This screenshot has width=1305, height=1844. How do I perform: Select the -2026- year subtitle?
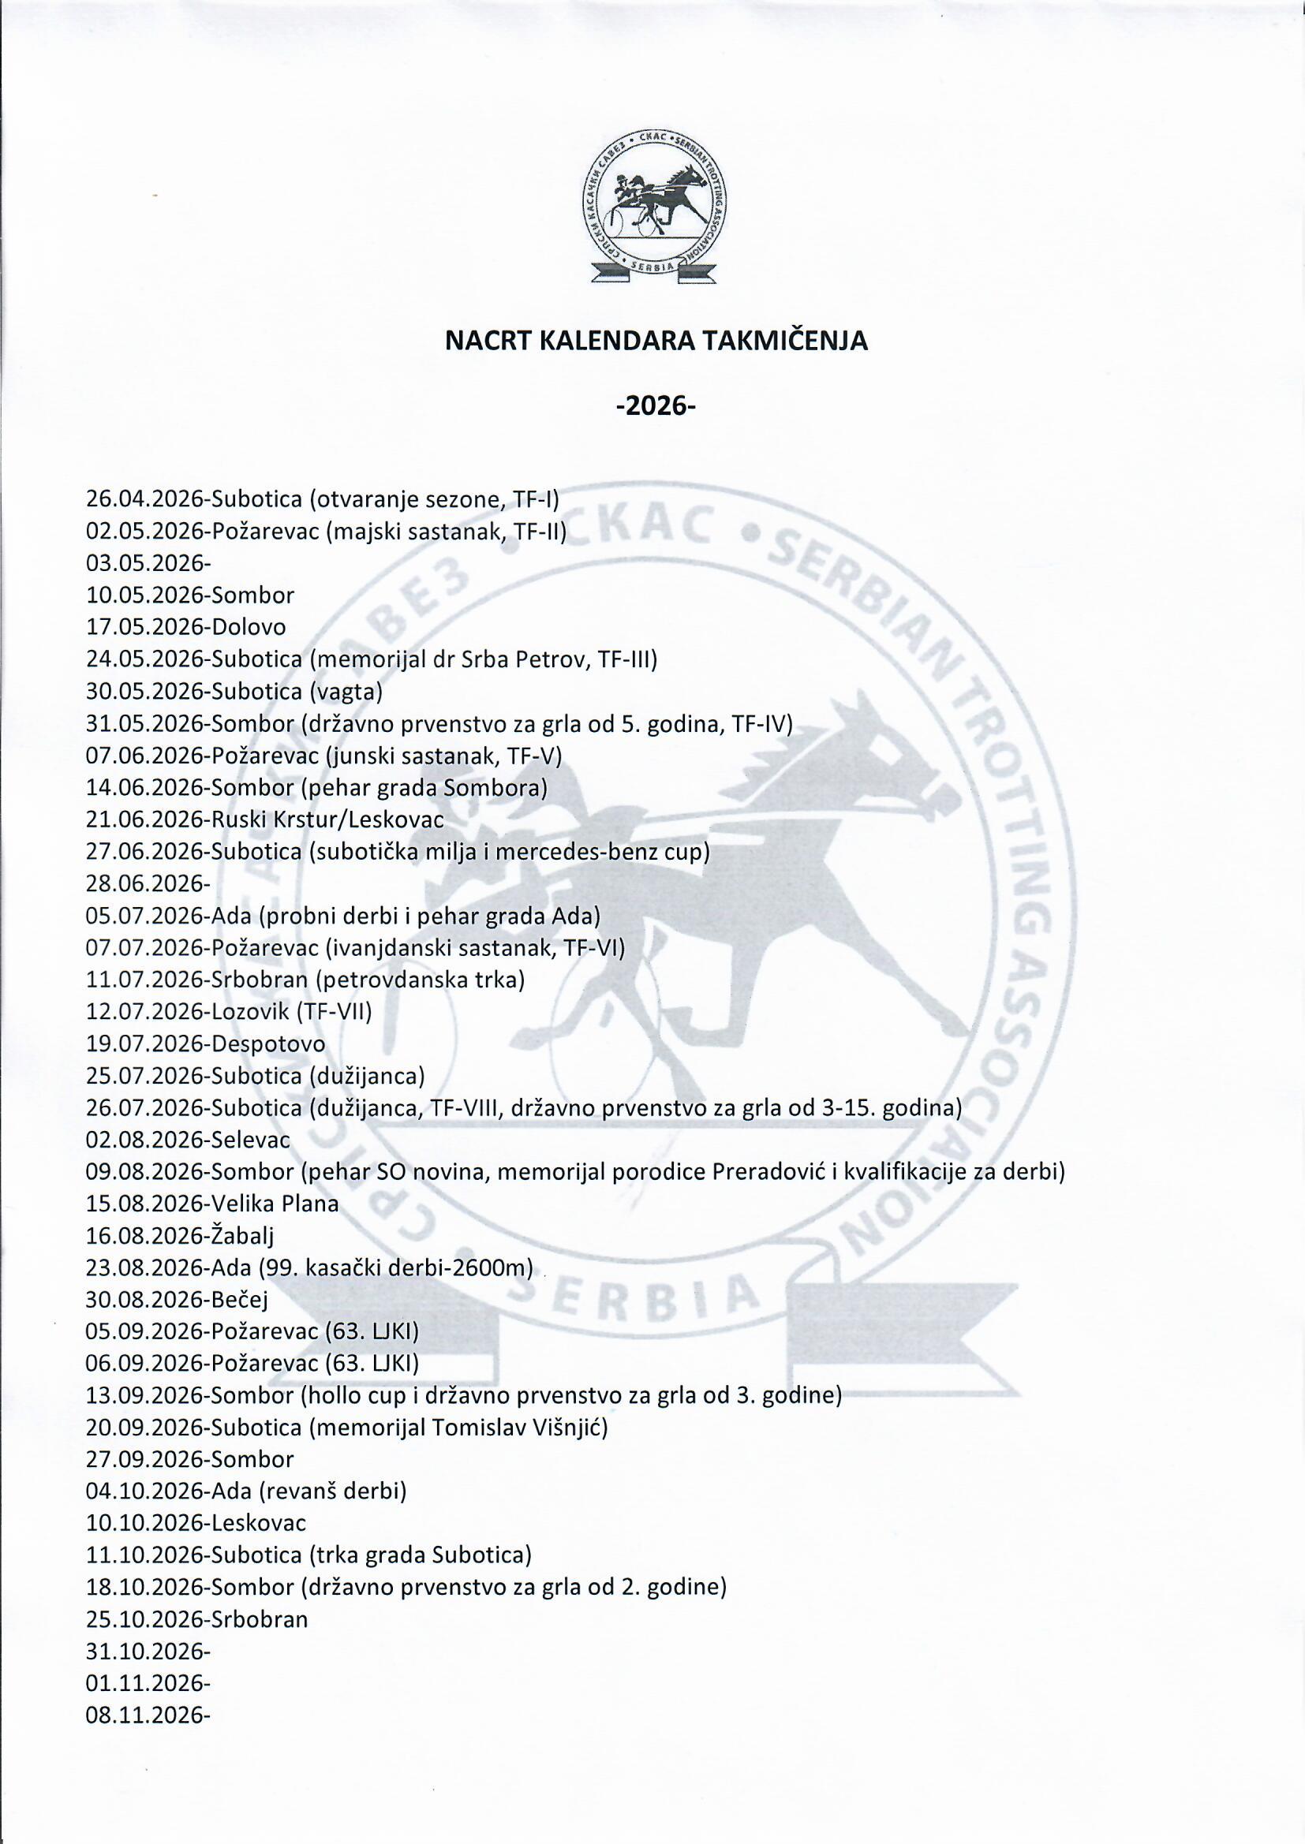[x=655, y=406]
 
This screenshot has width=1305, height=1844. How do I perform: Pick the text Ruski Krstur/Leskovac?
[x=328, y=820]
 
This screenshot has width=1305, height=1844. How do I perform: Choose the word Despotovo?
[x=268, y=1045]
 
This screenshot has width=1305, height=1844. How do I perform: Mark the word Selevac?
[x=251, y=1140]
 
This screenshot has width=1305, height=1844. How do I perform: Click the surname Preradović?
[x=766, y=1173]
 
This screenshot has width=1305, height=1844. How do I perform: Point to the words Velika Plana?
[x=275, y=1204]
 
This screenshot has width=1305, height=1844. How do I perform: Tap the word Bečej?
[x=240, y=1301]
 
